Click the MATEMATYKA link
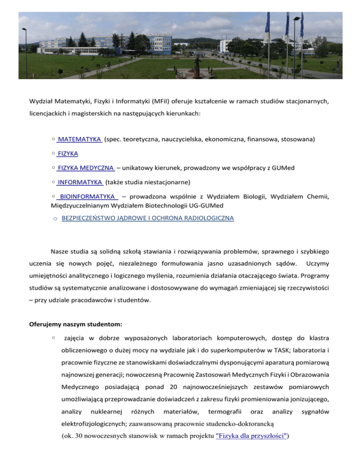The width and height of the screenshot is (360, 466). pos(80,140)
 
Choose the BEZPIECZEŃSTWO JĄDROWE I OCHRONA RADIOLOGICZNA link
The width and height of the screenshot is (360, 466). pos(148,218)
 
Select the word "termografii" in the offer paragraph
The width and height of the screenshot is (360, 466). pos(226,411)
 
